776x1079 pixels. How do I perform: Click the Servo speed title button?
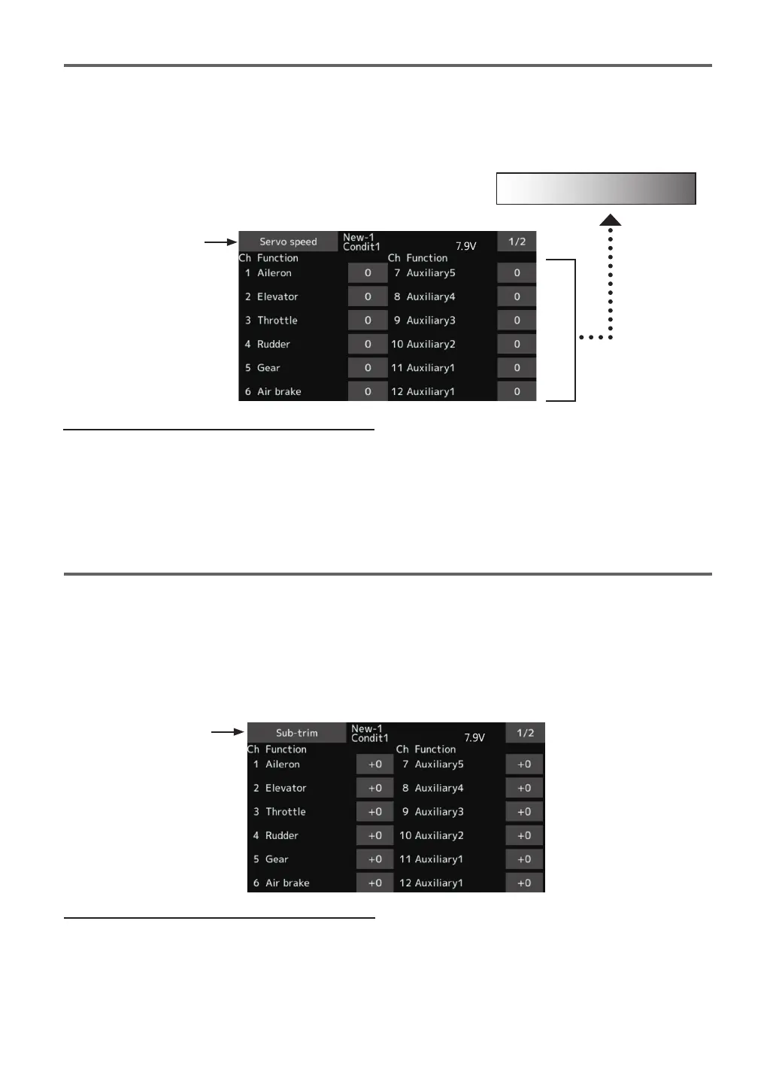pyautogui.click(x=288, y=242)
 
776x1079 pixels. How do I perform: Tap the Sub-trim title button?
pyautogui.click(x=296, y=733)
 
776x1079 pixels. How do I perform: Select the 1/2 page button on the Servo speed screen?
pyautogui.click(x=517, y=242)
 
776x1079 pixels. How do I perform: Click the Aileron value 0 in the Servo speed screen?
pyautogui.click(x=368, y=273)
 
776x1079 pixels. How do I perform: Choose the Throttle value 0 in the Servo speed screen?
pyautogui.click(x=368, y=321)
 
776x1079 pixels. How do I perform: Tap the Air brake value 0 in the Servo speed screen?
pyautogui.click(x=368, y=391)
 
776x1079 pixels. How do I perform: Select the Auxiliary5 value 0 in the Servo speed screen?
pyautogui.click(x=517, y=273)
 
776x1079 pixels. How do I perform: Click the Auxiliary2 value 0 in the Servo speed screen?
pyautogui.click(x=517, y=344)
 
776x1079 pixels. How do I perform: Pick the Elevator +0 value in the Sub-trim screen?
pyautogui.click(x=375, y=788)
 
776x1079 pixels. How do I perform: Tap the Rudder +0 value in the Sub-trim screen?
pyautogui.click(x=375, y=835)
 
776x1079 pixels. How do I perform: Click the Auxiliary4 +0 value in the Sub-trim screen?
pyautogui.click(x=524, y=788)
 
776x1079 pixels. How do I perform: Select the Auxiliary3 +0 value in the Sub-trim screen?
pyautogui.click(x=524, y=812)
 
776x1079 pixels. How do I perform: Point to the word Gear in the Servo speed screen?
pyautogui.click(x=268, y=368)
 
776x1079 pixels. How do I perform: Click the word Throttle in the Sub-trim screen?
pyautogui.click(x=286, y=812)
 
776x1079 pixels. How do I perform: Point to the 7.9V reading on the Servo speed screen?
pyautogui.click(x=466, y=246)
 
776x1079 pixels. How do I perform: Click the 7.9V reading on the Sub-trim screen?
pyautogui.click(x=474, y=737)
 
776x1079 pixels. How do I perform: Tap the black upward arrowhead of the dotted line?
pyautogui.click(x=611, y=220)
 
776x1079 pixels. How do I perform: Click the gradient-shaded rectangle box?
pyautogui.click(x=596, y=189)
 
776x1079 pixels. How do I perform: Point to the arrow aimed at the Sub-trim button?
pyautogui.click(x=227, y=731)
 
